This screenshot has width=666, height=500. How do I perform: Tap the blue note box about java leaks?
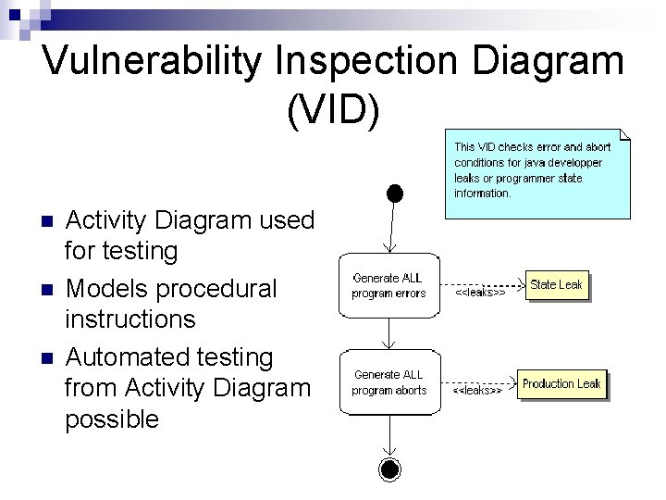(x=536, y=173)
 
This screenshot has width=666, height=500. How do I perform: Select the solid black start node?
(x=395, y=193)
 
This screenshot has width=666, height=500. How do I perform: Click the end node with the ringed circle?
(x=390, y=469)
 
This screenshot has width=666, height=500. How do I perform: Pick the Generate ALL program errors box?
(x=389, y=285)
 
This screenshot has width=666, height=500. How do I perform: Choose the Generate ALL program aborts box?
(x=389, y=382)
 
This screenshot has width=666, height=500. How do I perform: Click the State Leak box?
(x=557, y=285)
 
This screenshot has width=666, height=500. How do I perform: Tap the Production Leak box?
(x=561, y=383)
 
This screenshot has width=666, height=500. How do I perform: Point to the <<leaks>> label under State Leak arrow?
(x=480, y=293)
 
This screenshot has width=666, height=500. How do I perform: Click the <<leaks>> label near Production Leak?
(x=477, y=391)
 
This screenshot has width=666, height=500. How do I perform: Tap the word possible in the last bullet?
(x=112, y=419)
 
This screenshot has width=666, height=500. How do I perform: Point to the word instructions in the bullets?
(x=130, y=319)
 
